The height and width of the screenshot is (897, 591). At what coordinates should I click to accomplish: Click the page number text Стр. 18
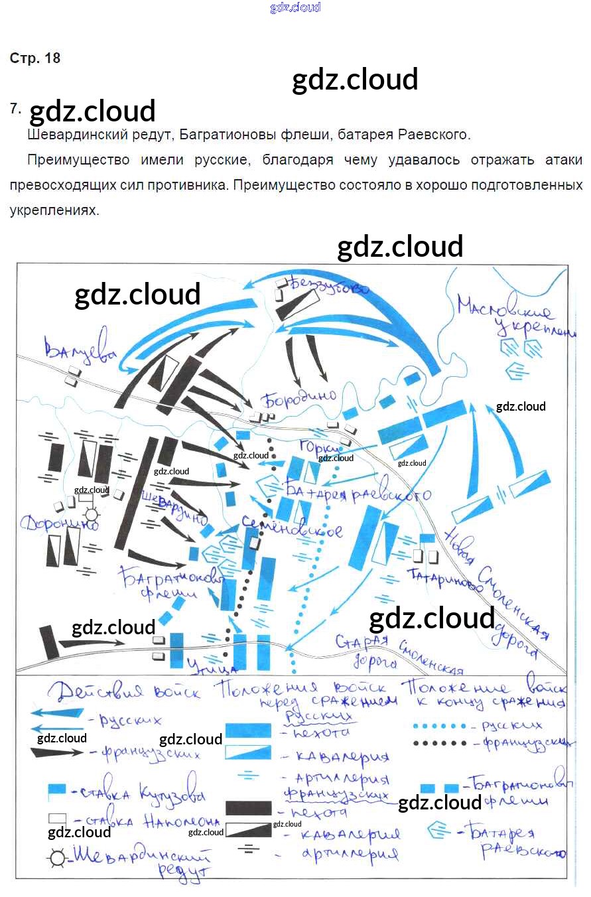[x=35, y=58]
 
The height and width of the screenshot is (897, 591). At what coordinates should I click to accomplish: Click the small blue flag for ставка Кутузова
[x=57, y=790]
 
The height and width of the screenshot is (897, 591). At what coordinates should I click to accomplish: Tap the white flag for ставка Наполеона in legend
[x=57, y=819]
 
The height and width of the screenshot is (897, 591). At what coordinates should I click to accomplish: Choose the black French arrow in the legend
[x=57, y=752]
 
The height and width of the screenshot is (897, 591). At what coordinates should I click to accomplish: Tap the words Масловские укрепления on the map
[x=511, y=317]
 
